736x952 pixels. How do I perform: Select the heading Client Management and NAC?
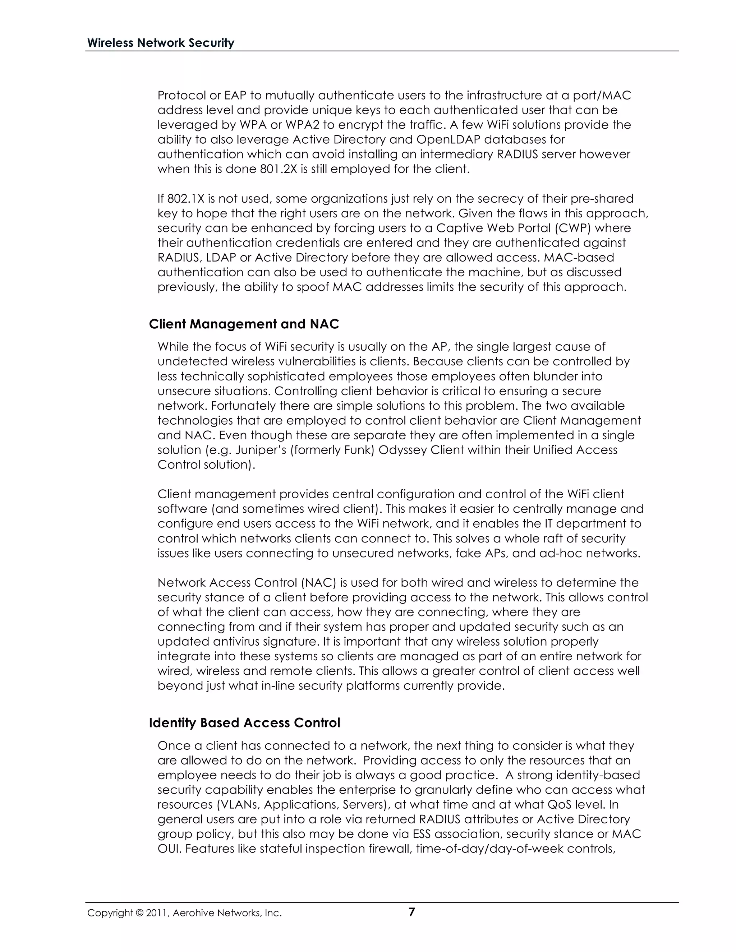point(244,324)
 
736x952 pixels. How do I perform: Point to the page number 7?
point(411,912)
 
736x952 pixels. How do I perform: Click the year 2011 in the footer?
point(154,913)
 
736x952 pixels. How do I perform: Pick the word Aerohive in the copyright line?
point(190,913)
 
